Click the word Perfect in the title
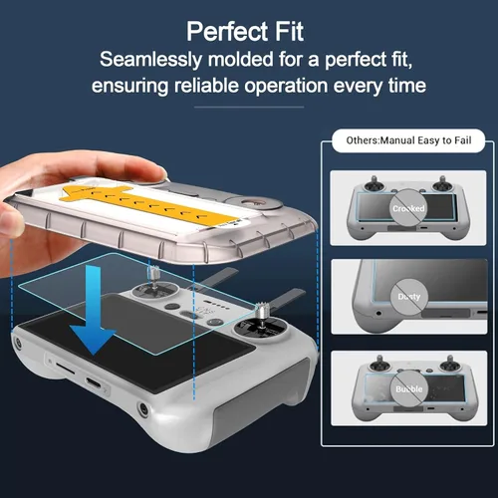pyautogui.click(x=227, y=32)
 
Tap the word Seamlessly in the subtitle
pyautogui.click(x=150, y=60)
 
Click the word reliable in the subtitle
pyautogui.click(x=206, y=86)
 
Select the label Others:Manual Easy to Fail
pyautogui.click(x=408, y=140)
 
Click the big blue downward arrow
pyautogui.click(x=93, y=311)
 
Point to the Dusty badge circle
pyautogui.click(x=409, y=297)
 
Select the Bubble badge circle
pyautogui.click(x=409, y=388)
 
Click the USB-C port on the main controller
pyautogui.click(x=94, y=382)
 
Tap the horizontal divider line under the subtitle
pyautogui.click(x=249, y=107)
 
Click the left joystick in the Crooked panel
pyautogui.click(x=373, y=184)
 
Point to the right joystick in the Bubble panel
pyautogui.click(x=450, y=365)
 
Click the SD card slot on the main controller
pyautogui.click(x=65, y=368)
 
